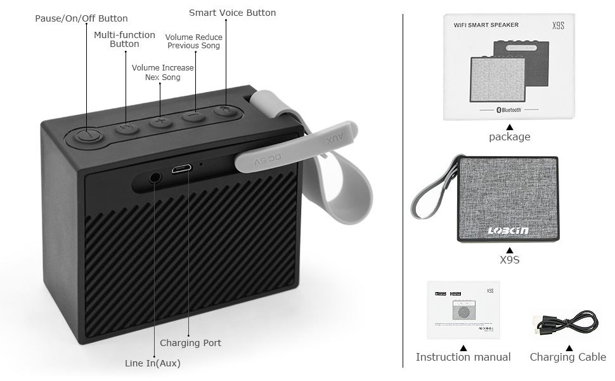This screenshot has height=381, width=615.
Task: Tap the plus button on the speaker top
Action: click(x=160, y=121)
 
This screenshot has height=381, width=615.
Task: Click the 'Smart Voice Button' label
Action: click(x=232, y=13)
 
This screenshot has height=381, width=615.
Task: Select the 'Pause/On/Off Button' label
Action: click(x=81, y=18)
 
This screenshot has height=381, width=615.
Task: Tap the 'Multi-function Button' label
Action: click(x=124, y=39)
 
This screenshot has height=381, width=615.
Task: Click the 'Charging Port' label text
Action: click(x=190, y=343)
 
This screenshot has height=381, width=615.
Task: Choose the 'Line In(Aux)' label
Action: click(x=152, y=363)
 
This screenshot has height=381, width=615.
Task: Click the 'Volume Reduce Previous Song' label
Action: click(x=193, y=41)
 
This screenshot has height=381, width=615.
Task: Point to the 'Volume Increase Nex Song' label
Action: click(x=162, y=72)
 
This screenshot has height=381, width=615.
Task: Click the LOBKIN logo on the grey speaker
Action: click(x=508, y=231)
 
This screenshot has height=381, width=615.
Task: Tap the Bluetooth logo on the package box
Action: click(x=508, y=109)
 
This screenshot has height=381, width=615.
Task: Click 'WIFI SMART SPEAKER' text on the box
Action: click(x=486, y=25)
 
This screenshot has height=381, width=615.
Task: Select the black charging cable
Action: click(x=564, y=322)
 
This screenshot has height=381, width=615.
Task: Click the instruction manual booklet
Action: click(x=463, y=310)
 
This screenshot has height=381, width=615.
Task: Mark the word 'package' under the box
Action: click(x=509, y=137)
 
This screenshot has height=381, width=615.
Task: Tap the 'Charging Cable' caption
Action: click(x=567, y=357)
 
